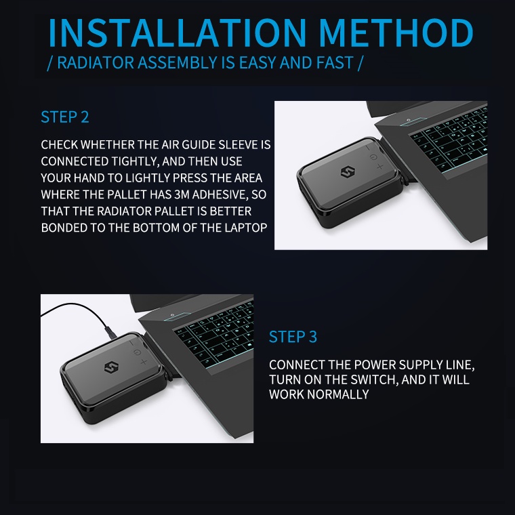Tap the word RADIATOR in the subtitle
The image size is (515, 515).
(96, 63)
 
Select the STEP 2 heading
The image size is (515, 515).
(64, 117)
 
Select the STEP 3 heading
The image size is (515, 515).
(293, 337)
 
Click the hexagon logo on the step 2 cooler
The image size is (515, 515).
(348, 172)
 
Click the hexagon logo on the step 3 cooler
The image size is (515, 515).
(111, 367)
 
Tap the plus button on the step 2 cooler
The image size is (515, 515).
(380, 167)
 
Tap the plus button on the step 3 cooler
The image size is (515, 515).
(144, 362)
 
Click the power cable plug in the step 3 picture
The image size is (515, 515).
(110, 332)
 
